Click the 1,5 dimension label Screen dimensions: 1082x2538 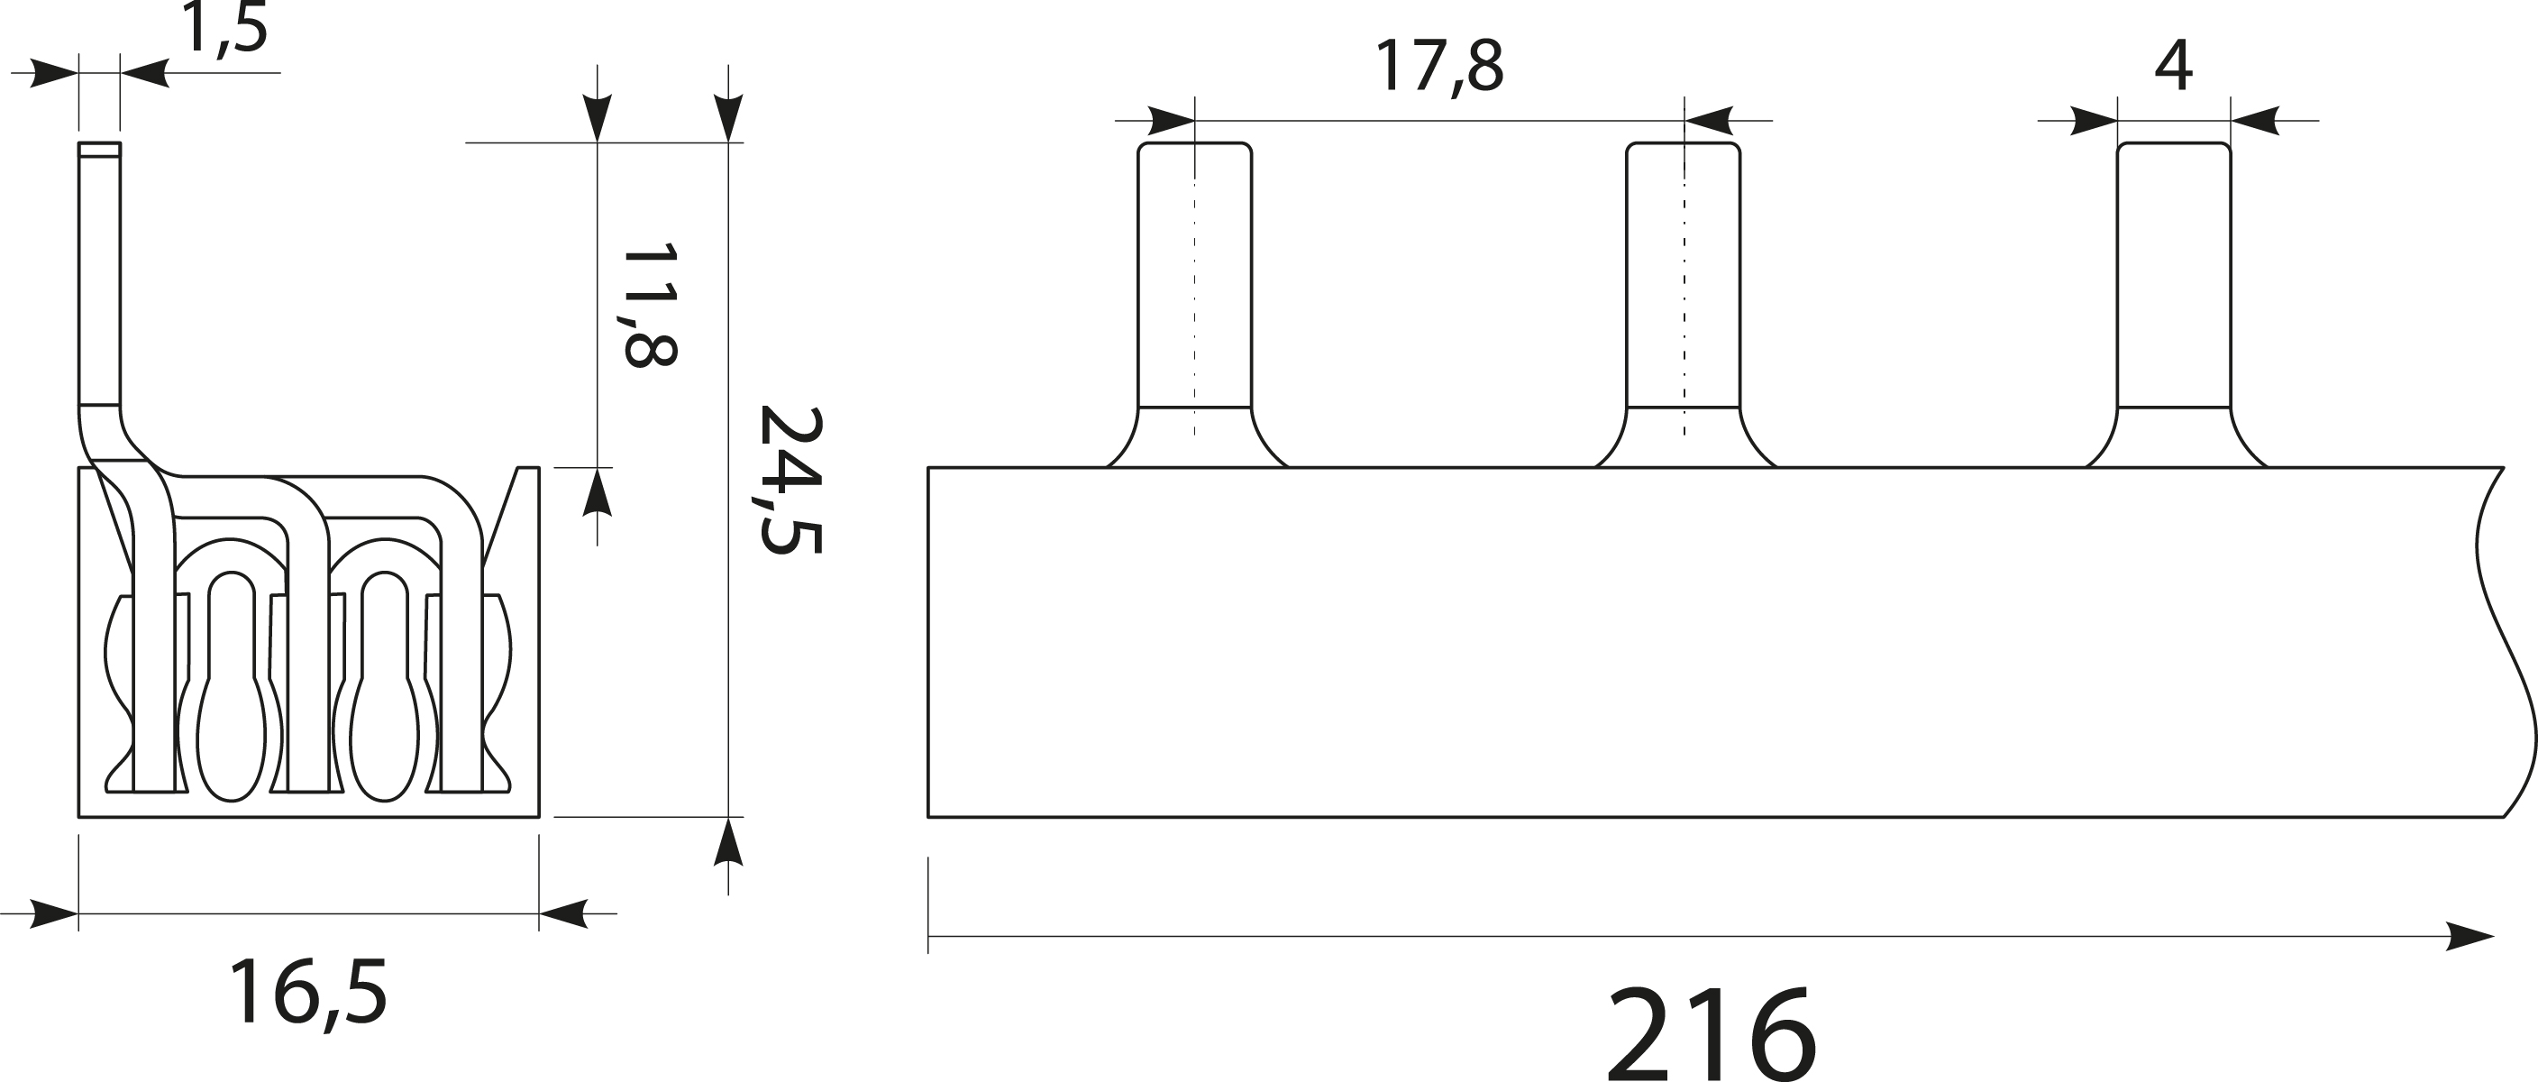[x=225, y=30]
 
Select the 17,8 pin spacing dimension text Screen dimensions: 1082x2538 [x=1438, y=67]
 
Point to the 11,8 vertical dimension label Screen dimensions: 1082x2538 [x=649, y=305]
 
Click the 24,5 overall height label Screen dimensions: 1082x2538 [x=790, y=480]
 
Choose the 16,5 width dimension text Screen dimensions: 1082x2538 [x=307, y=994]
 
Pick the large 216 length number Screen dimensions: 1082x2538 [x=1712, y=1035]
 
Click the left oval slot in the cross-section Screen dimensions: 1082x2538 [x=232, y=690]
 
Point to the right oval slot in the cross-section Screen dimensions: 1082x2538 [x=385, y=690]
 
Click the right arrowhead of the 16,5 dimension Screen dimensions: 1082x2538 [x=563, y=913]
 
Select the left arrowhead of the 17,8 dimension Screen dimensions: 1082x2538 [x=1172, y=121]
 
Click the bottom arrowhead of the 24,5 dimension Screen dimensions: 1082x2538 [x=728, y=842]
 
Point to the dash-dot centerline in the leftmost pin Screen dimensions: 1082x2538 [x=1195, y=296]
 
